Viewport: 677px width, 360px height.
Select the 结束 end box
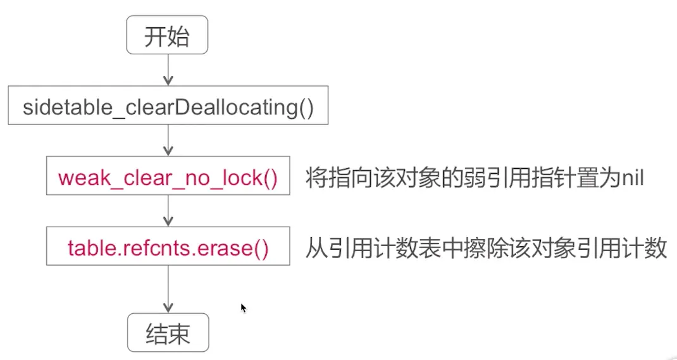[168, 333]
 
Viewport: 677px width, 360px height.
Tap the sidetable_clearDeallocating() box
[168, 107]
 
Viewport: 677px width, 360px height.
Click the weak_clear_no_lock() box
[168, 178]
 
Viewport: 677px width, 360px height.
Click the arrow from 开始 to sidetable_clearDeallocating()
[168, 70]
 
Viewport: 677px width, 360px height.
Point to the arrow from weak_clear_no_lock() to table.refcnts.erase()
[168, 212]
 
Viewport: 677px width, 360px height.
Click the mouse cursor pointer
[243, 307]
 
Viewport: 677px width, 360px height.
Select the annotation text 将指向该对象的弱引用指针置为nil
[474, 178]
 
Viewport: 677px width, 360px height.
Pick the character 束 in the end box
[179, 333]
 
